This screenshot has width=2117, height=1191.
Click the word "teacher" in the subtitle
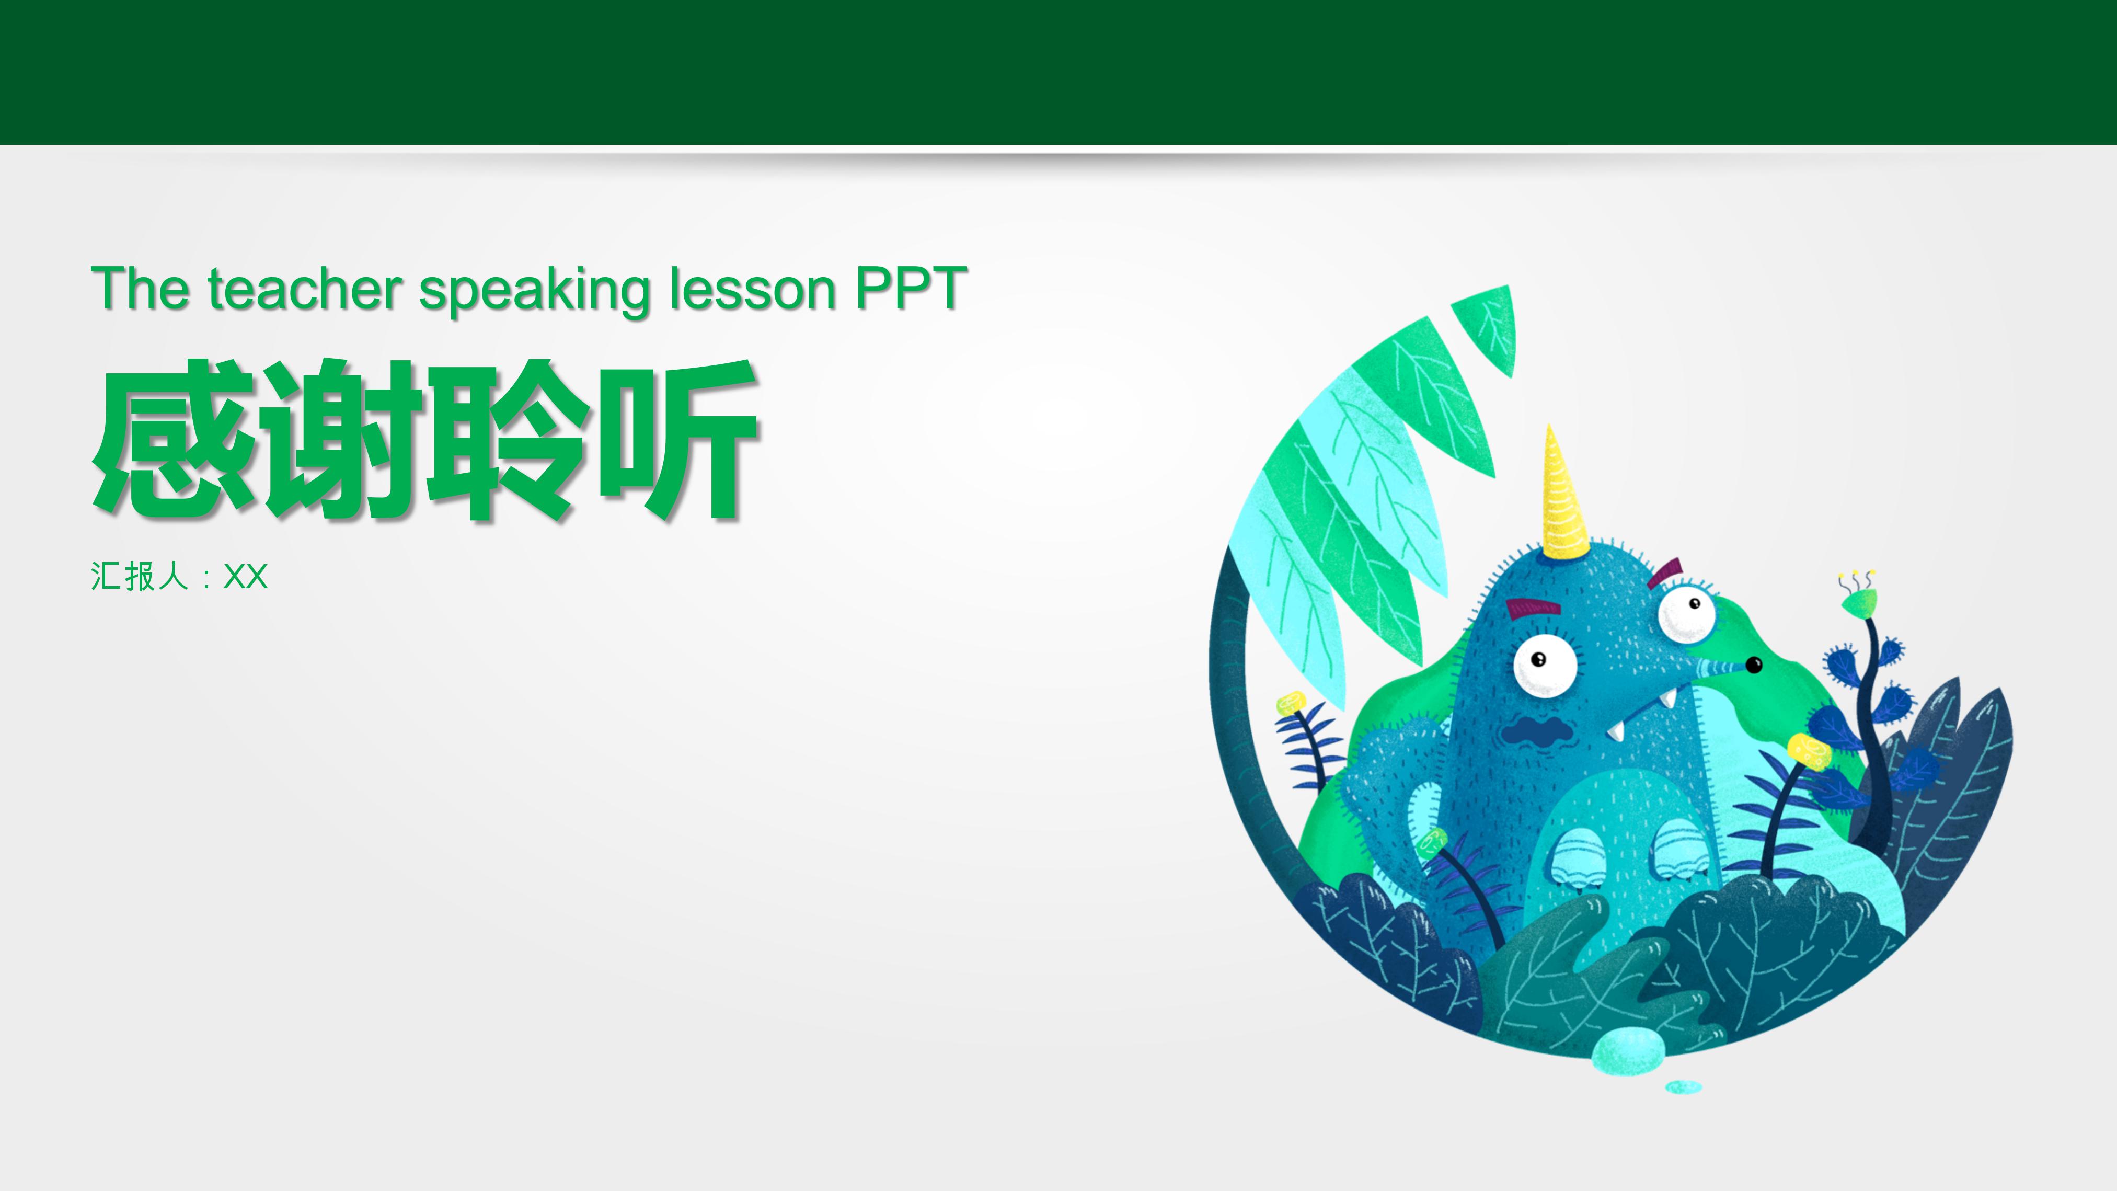pos(304,289)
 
